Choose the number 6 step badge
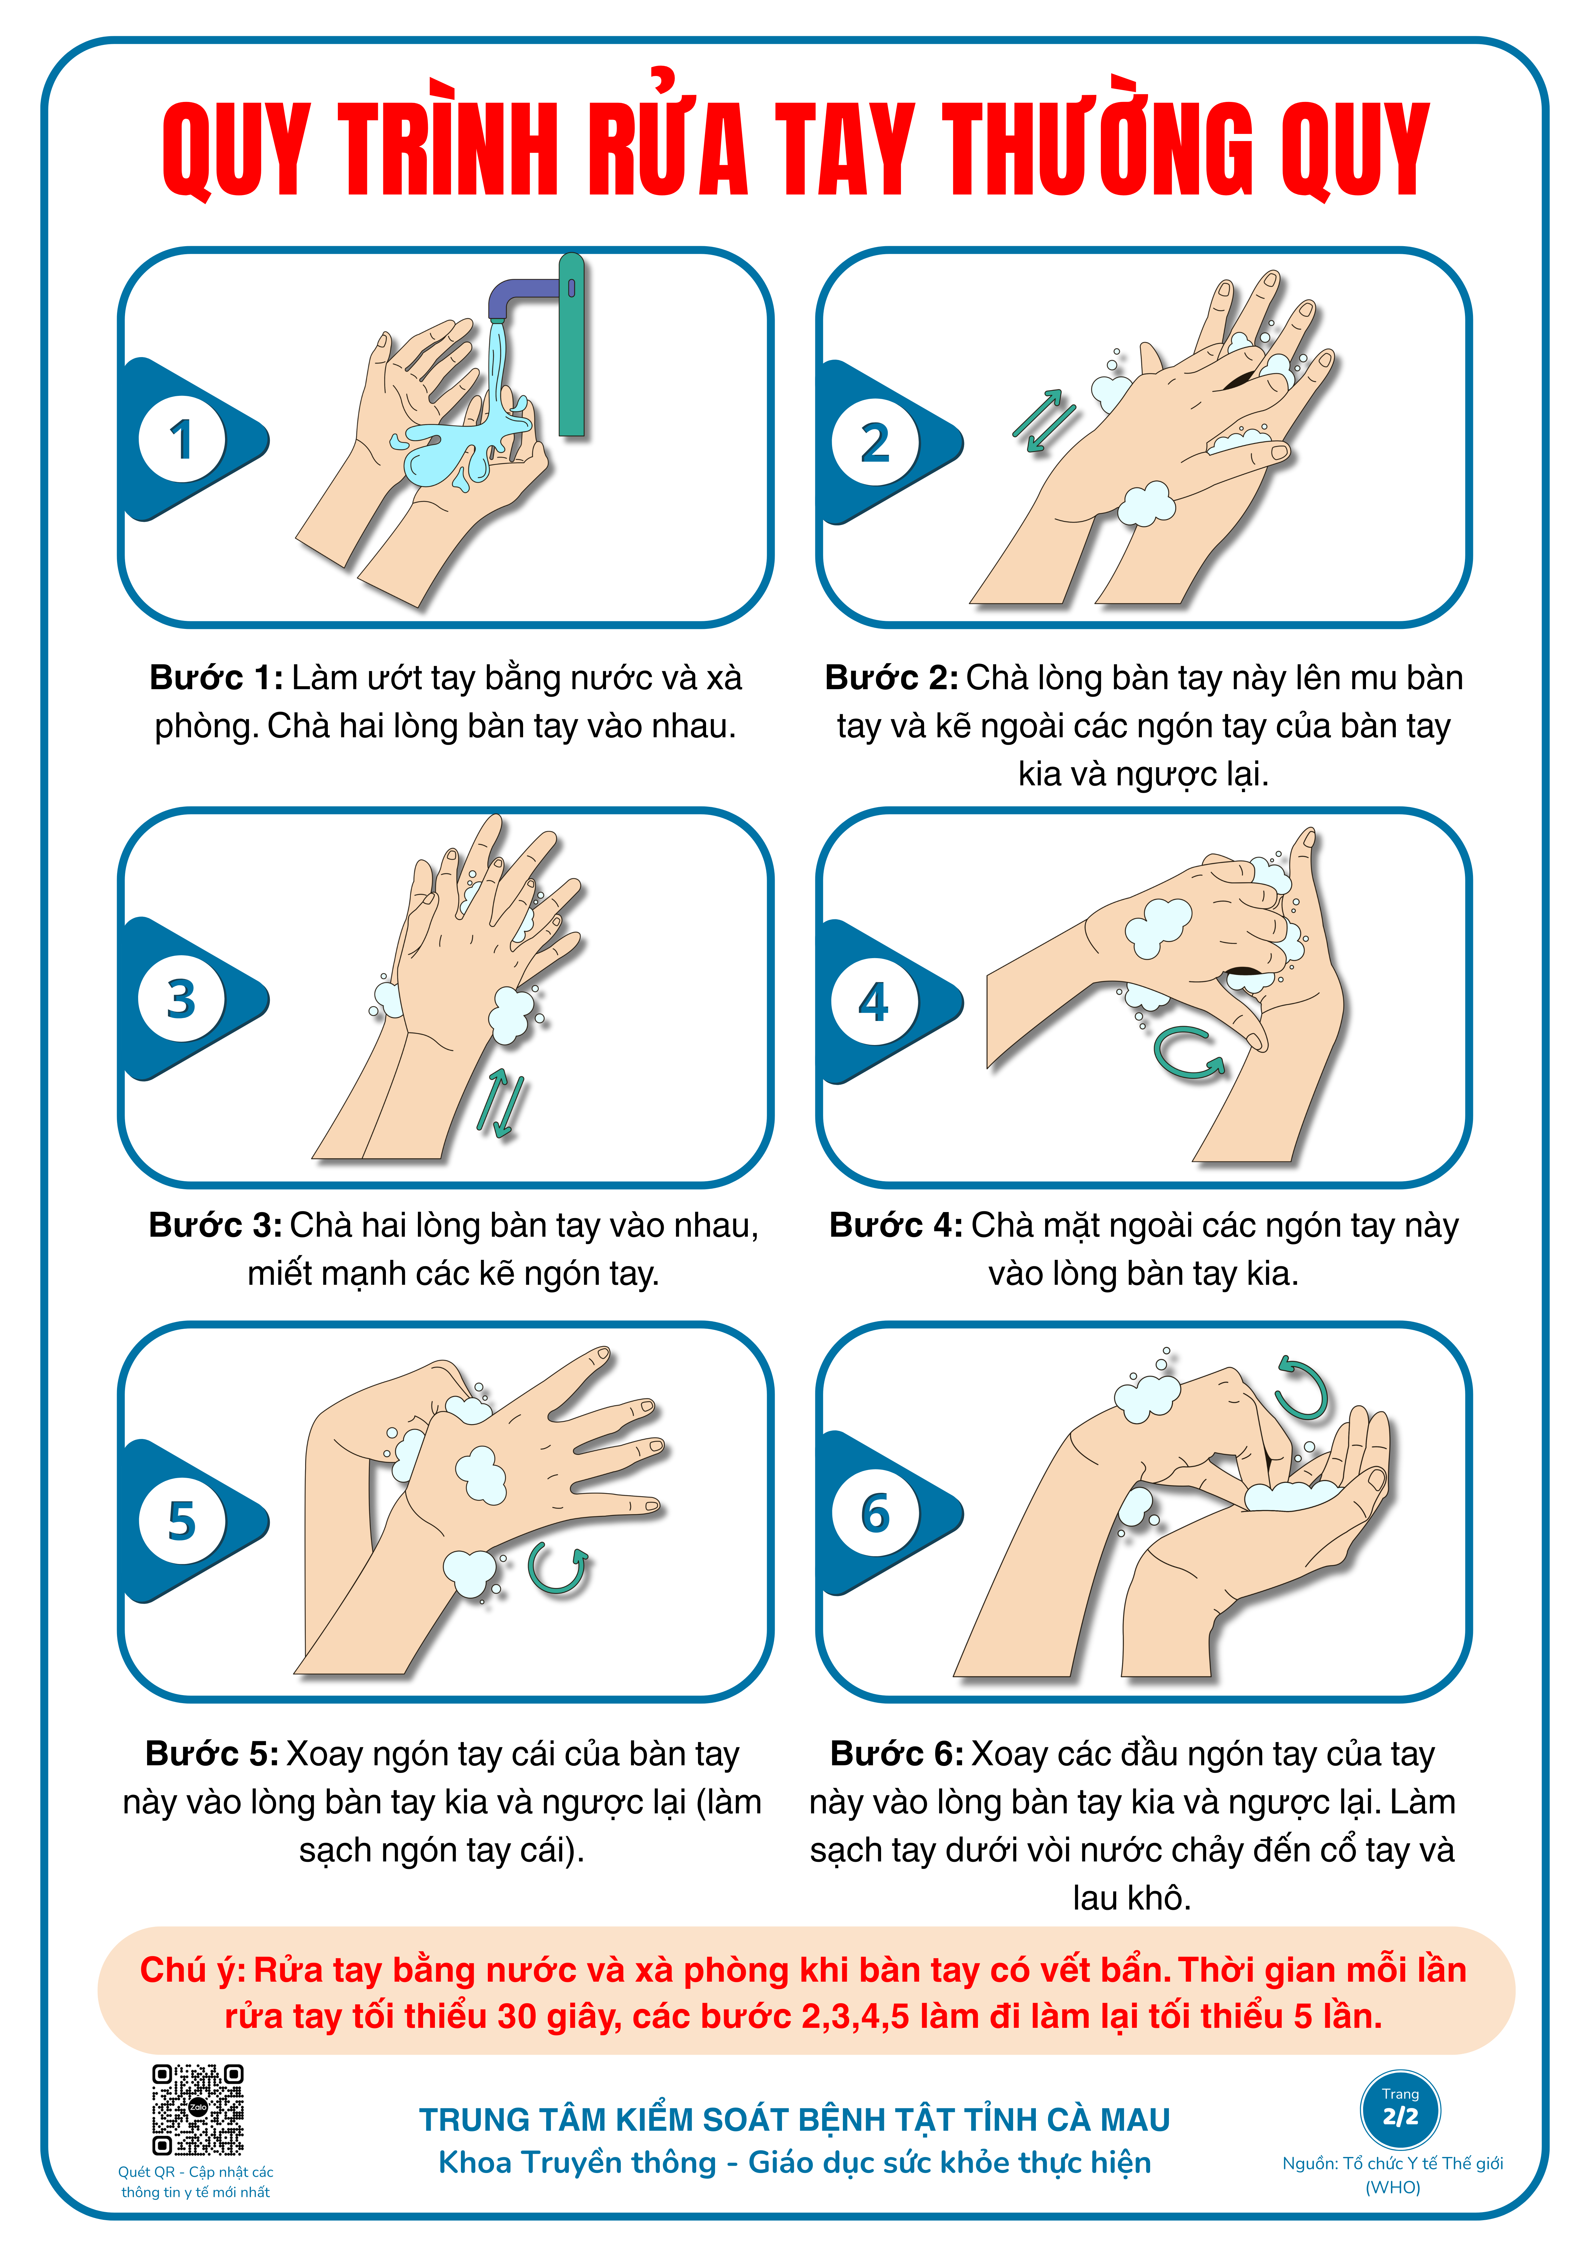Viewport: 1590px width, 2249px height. click(x=875, y=1513)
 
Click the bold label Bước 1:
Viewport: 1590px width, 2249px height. click(x=217, y=678)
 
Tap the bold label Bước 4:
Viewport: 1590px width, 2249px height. click(x=896, y=1225)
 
